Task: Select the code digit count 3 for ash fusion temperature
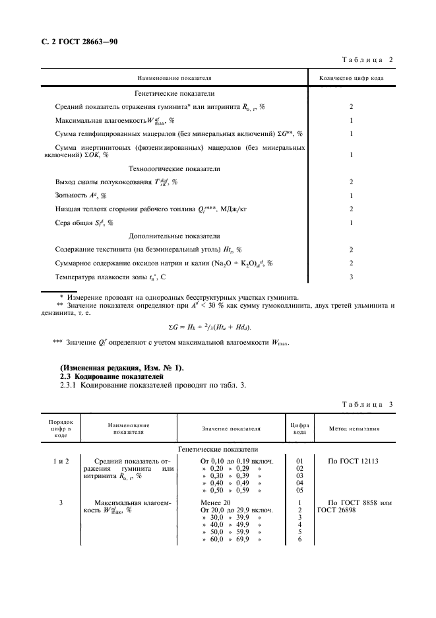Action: pos(351,276)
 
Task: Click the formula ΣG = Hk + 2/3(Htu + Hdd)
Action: pos(210,327)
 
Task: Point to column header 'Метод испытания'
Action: pos(355,429)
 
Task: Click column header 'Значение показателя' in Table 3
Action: pos(231,429)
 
